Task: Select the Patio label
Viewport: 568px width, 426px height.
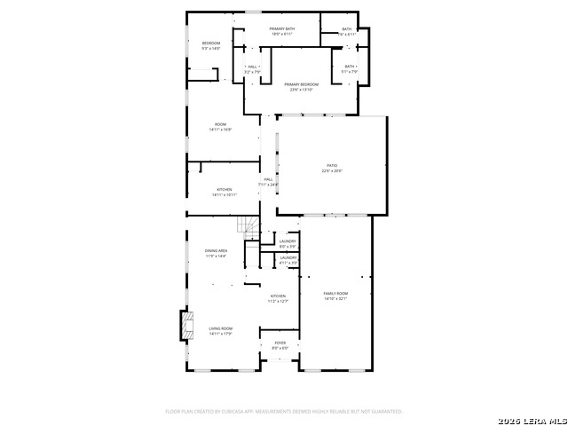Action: coord(331,168)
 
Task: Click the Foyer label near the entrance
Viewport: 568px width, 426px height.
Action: coord(280,344)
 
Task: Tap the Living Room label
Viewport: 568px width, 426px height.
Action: coord(220,331)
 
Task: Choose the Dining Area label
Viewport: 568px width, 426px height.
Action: coord(217,253)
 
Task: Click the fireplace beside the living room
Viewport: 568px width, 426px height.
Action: coord(186,326)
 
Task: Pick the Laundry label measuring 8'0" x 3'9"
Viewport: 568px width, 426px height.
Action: coord(288,243)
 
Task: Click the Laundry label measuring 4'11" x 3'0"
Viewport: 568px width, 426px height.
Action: coord(288,260)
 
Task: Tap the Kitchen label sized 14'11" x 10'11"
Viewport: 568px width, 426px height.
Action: coord(225,192)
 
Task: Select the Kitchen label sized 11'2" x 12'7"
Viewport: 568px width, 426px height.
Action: coord(278,298)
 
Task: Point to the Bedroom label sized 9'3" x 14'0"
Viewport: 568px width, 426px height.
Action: coord(210,45)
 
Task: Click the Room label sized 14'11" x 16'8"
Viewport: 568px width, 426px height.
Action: coord(220,126)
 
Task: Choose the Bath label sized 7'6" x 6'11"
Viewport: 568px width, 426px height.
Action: coord(346,31)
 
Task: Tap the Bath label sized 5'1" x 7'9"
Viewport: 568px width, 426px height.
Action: coord(349,68)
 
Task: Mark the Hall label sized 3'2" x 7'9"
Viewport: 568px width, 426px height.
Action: coord(252,68)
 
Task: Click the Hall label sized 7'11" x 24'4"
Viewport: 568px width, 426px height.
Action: coord(267,181)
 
